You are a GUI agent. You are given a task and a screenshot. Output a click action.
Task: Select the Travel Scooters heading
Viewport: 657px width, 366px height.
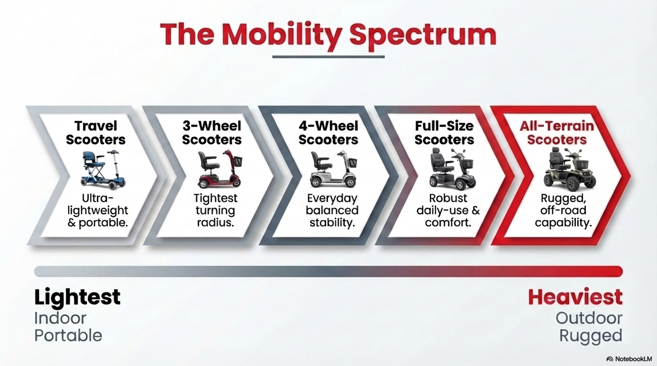coord(95,133)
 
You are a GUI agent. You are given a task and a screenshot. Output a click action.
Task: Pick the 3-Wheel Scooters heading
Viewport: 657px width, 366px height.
coord(212,133)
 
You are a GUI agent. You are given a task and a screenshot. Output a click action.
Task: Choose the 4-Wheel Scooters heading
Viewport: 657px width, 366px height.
coord(328,133)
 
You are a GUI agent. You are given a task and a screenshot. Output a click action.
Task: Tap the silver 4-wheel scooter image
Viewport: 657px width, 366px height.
coord(333,169)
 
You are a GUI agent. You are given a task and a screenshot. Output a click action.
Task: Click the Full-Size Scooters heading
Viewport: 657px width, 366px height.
coord(444,133)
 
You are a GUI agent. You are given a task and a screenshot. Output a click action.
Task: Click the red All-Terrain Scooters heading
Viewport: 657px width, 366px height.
coord(557,133)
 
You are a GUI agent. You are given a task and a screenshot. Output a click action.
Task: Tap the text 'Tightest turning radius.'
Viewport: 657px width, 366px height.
coord(215,210)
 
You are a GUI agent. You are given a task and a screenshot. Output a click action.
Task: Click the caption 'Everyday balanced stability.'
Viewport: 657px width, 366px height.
coord(332,210)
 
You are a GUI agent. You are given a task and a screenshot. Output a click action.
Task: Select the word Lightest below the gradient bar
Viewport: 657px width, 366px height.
coord(77,297)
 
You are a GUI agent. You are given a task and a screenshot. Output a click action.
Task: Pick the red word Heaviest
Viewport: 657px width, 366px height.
coord(575,297)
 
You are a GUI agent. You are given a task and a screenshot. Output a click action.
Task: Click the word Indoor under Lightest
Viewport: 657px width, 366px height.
coord(60,318)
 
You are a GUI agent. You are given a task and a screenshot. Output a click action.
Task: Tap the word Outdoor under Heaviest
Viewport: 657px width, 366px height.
coord(589,318)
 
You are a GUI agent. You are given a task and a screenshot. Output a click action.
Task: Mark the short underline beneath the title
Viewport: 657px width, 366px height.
coord(328,57)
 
